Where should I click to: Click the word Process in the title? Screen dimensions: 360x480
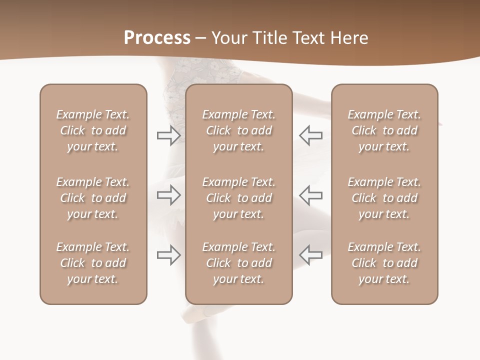coord(157,37)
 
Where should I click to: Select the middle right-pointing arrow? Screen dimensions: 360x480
coord(169,195)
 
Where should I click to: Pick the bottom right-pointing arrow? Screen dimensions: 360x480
coord(169,255)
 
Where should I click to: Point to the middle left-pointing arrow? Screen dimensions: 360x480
coord(310,195)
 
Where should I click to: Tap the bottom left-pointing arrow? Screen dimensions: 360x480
coord(310,255)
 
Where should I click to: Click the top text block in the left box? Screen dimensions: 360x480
coord(93,130)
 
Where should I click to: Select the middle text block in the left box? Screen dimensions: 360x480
coord(93,198)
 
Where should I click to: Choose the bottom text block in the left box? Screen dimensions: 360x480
coord(93,263)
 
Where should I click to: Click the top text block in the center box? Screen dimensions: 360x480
coord(239,130)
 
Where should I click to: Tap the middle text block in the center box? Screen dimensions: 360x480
coord(239,198)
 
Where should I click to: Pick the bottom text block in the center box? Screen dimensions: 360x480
coord(239,263)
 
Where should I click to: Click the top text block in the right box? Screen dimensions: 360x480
coord(384,130)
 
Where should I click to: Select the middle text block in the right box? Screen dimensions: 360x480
coord(384,198)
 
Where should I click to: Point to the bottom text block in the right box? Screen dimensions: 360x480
coord(384,263)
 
